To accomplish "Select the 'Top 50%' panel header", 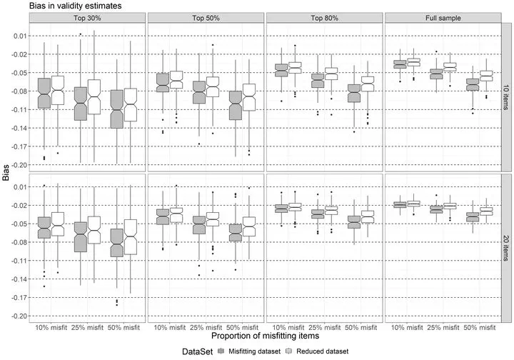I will tap(206, 17).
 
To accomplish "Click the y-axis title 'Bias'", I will tap(6, 172).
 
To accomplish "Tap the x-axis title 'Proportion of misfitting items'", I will tap(264, 334).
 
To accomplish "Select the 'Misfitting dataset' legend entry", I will tap(252, 351).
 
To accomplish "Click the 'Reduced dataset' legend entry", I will tap(317, 351).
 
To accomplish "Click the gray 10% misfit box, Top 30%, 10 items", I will tap(44, 92).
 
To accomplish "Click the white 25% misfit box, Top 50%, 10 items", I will tap(213, 86).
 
